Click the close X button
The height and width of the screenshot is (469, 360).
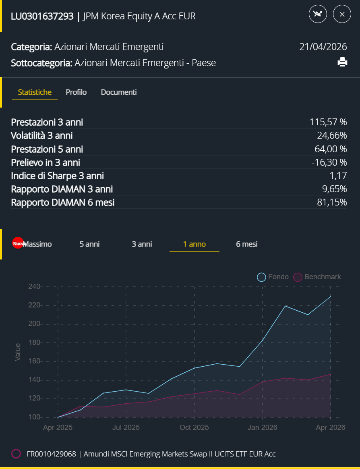[342, 14]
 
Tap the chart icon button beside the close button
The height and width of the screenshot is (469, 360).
[318, 14]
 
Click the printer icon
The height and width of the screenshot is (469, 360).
[342, 62]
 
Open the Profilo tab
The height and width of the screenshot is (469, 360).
[76, 92]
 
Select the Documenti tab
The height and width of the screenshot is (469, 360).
[119, 92]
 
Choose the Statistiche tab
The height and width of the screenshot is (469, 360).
[35, 92]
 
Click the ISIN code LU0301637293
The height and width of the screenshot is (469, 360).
[42, 16]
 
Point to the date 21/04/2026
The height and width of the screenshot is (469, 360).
[323, 47]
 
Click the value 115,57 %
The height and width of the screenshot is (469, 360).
[328, 122]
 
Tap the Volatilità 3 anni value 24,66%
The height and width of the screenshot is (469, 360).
[332, 135]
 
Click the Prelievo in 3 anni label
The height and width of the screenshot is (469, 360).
[46, 162]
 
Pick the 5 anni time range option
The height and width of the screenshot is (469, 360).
[89, 244]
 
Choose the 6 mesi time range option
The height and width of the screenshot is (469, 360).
[247, 244]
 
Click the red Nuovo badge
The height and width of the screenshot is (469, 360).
[18, 243]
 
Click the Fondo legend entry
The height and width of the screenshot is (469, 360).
[273, 277]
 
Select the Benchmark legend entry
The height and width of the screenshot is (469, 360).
[317, 277]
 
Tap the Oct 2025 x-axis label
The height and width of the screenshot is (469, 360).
[194, 427]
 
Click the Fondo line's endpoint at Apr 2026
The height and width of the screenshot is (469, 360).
[331, 297]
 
